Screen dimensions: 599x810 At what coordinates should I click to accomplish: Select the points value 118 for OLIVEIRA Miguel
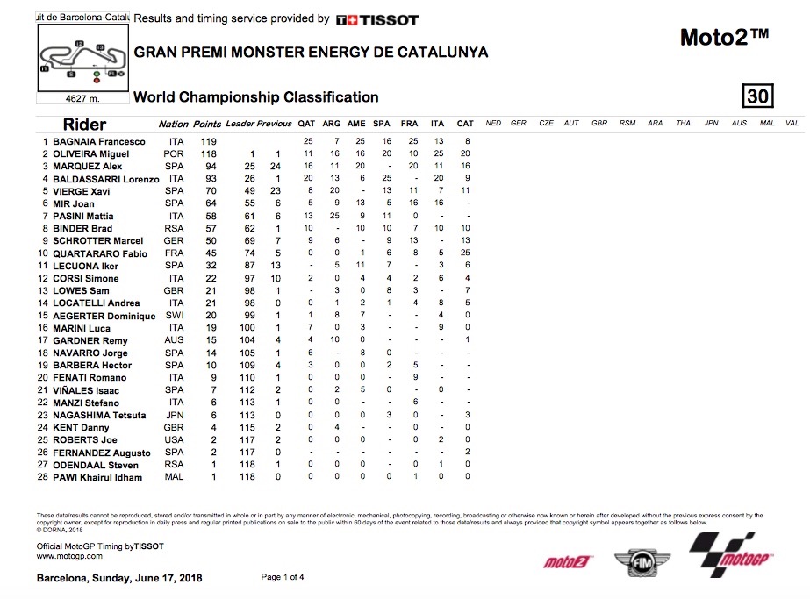pyautogui.click(x=208, y=153)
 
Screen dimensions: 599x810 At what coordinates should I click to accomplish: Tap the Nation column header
pyautogui.click(x=174, y=124)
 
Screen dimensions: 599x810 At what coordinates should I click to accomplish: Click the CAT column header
pyautogui.click(x=465, y=124)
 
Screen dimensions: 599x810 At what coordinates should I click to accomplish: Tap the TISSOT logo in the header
pyautogui.click(x=377, y=19)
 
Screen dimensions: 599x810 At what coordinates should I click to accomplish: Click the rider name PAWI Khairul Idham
pyautogui.click(x=98, y=477)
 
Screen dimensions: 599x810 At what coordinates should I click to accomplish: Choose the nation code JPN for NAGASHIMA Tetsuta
pyautogui.click(x=175, y=415)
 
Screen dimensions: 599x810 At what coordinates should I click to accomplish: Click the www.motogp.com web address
pyautogui.click(x=69, y=556)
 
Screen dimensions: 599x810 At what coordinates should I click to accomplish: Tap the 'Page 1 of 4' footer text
pyautogui.click(x=283, y=577)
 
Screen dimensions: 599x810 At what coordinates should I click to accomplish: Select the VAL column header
pyautogui.click(x=792, y=124)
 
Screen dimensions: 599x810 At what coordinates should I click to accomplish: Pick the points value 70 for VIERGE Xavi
pyautogui.click(x=210, y=191)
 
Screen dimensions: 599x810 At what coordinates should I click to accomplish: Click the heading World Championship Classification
pyautogui.click(x=256, y=97)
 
